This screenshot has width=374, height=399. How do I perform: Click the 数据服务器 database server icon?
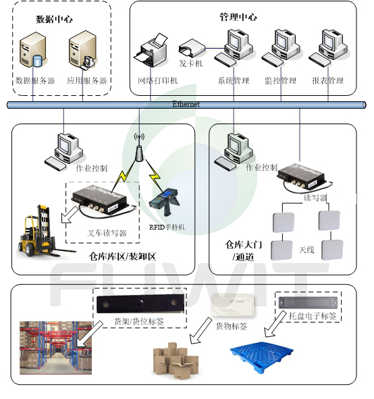coord(32,50)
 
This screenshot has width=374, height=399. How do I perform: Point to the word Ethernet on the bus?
coord(186,104)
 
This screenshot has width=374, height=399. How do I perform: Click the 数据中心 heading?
coord(54,19)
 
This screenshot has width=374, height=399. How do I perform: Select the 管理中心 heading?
coord(238,17)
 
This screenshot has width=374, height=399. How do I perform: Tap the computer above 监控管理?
coord(282,48)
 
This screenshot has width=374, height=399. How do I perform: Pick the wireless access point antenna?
coord(139,149)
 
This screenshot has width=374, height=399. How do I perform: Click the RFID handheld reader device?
coord(164,202)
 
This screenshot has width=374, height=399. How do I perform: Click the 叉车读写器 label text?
coord(107,233)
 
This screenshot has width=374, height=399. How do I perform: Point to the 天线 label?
coord(306,250)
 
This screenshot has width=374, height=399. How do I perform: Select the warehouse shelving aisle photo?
coord(56,348)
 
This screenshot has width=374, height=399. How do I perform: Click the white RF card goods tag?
coord(233,305)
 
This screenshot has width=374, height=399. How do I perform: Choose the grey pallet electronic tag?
coord(308,302)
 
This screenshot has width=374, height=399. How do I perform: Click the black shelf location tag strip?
coord(140,304)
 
